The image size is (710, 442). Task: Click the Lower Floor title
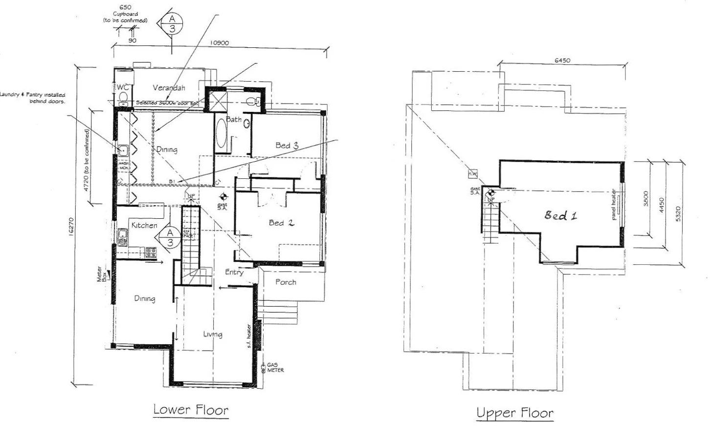click(x=191, y=409)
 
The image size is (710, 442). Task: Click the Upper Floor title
click(x=515, y=413)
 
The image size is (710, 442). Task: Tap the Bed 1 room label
click(x=561, y=215)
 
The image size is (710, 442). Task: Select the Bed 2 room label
click(x=282, y=223)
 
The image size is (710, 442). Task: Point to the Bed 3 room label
click(x=287, y=145)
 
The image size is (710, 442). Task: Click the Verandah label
click(x=169, y=88)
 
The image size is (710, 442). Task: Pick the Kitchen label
click(x=144, y=225)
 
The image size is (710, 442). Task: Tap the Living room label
click(x=213, y=334)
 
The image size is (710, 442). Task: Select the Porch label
click(x=286, y=282)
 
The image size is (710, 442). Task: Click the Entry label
click(x=234, y=272)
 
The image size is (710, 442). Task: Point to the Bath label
click(x=233, y=119)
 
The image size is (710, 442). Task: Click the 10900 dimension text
click(x=219, y=43)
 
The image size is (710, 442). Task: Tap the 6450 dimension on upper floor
click(x=562, y=61)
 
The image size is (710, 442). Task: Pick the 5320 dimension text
click(x=678, y=214)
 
